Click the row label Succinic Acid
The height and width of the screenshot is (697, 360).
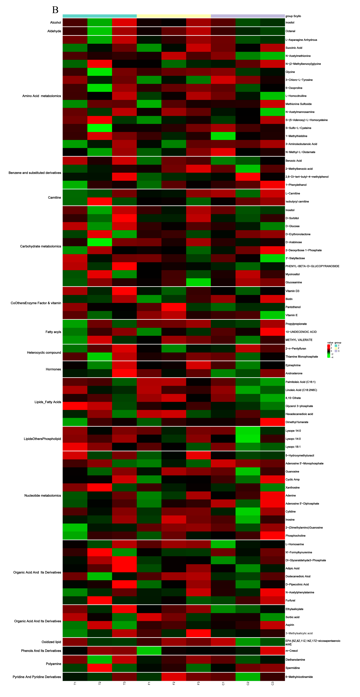pyautogui.click(x=294, y=48)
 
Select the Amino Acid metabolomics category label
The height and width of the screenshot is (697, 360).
pyautogui.click(x=42, y=96)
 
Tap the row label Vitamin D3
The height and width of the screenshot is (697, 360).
pyautogui.click(x=292, y=291)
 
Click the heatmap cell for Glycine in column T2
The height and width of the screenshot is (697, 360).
pyautogui.click(x=99, y=72)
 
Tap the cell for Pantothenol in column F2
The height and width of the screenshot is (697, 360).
pyautogui.click(x=174, y=307)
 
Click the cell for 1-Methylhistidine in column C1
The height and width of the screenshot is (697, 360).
pyautogui.click(x=223, y=136)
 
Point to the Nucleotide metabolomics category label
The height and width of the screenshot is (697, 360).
pyautogui.click(x=43, y=496)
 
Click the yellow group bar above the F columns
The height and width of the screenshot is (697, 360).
pyautogui.click(x=174, y=16)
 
